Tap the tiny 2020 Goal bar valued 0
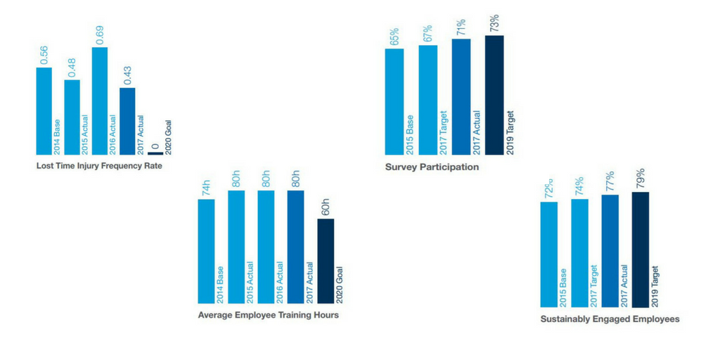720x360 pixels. click(x=155, y=153)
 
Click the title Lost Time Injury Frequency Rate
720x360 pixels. click(x=94, y=167)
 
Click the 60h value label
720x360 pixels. click(x=326, y=207)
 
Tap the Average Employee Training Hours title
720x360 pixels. click(x=269, y=315)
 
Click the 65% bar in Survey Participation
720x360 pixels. click(x=394, y=101)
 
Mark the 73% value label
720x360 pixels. click(x=495, y=23)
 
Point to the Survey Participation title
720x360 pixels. click(x=432, y=167)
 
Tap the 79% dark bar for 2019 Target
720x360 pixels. click(x=641, y=250)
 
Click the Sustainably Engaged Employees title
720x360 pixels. click(x=610, y=319)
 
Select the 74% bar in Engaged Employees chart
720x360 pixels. click(x=579, y=253)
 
